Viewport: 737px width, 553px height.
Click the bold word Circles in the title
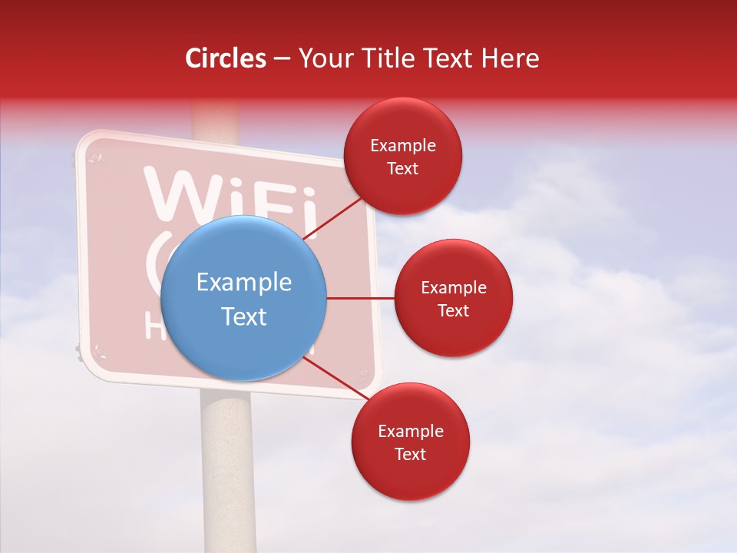[226, 58]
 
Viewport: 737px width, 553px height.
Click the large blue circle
[243, 298]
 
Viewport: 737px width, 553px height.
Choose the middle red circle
[453, 298]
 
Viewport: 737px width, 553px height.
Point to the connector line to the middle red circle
[360, 298]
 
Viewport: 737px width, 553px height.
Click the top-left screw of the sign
[96, 158]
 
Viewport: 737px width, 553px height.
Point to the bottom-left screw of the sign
[98, 353]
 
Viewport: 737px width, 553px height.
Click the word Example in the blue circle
[243, 283]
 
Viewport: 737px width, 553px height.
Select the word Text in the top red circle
[403, 168]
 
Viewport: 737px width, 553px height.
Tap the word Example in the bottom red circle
[410, 432]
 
